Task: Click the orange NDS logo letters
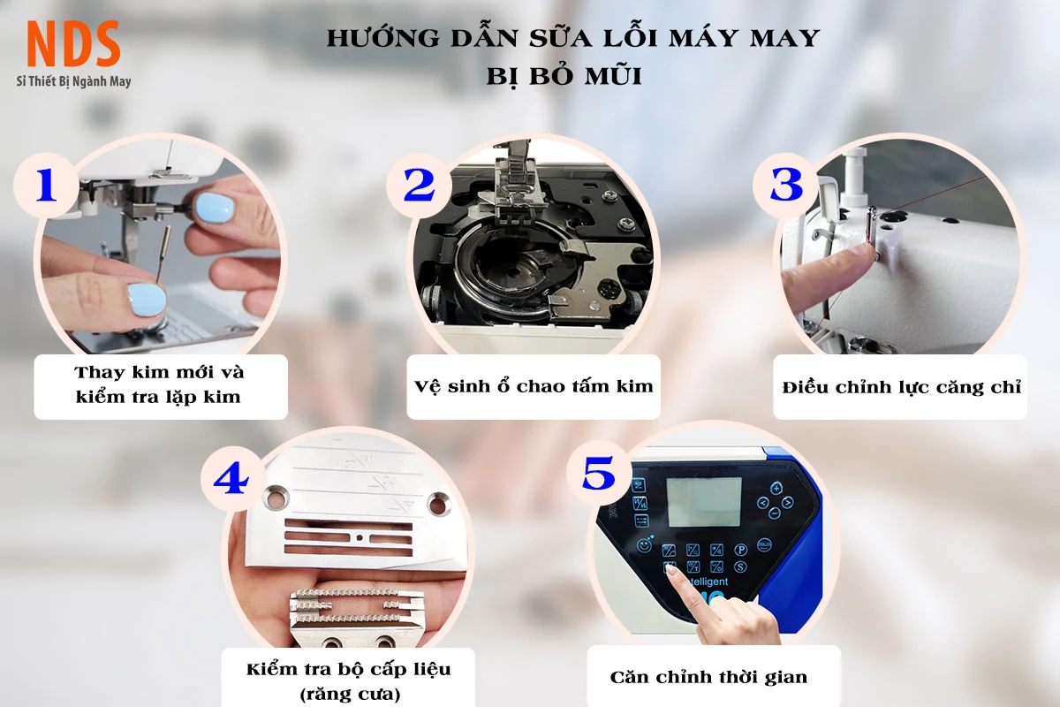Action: [73, 43]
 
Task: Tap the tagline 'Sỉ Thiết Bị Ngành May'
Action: [73, 81]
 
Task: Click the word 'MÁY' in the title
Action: [702, 38]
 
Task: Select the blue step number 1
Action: [46, 185]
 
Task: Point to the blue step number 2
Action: [419, 186]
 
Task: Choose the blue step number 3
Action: [786, 184]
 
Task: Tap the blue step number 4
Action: [231, 478]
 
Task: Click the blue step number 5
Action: [599, 473]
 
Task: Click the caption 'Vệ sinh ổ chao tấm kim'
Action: [534, 386]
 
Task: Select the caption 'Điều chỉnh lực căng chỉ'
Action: [901, 387]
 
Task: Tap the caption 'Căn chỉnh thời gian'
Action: [708, 677]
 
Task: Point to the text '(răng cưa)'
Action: [350, 695]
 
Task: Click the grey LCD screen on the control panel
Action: [704, 502]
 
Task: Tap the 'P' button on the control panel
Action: [740, 550]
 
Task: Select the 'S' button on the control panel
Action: [740, 566]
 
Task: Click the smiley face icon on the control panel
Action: [644, 546]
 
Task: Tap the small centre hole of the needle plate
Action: [360, 537]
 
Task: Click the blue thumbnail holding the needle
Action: [148, 300]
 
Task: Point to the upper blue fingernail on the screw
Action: [215, 208]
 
